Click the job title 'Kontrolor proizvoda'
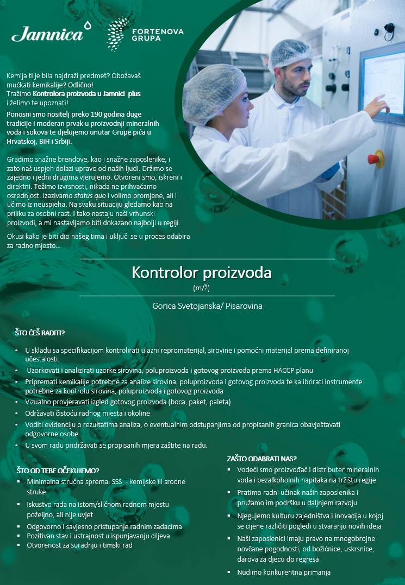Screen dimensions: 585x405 pos(202,272)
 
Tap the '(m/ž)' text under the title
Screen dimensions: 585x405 pos(202,288)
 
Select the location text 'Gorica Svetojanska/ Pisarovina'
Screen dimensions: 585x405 pos(207,306)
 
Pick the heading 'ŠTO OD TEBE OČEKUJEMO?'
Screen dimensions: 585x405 pos(58,470)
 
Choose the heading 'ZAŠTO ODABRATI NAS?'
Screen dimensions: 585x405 pos(261,459)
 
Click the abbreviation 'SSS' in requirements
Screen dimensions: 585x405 pos(117,482)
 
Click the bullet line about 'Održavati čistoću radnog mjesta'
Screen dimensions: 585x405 pos(88,413)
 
